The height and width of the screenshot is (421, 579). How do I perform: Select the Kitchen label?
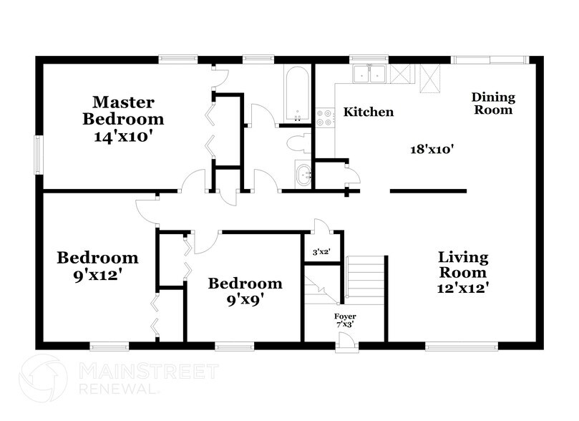pos(369,112)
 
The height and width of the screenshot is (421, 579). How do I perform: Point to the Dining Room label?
pos(493,104)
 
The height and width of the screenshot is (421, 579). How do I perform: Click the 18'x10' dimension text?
pos(433,149)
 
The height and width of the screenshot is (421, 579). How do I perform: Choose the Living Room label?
pos(463,264)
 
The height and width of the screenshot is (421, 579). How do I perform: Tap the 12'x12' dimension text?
pos(463,289)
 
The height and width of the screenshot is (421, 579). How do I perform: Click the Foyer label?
pos(345,316)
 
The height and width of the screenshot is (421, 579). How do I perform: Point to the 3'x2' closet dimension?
pos(321,252)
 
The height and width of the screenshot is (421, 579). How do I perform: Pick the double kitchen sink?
pos(370,74)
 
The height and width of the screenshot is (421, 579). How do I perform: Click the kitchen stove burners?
pos(324,117)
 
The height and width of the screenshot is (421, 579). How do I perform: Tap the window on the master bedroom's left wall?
pos(39,153)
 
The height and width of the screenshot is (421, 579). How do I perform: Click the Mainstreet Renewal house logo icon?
pos(44,375)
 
